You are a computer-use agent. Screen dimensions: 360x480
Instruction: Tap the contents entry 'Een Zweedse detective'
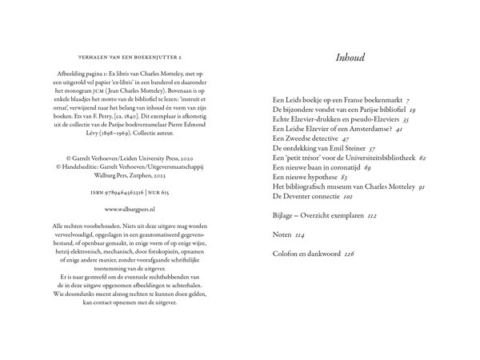click(306, 138)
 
